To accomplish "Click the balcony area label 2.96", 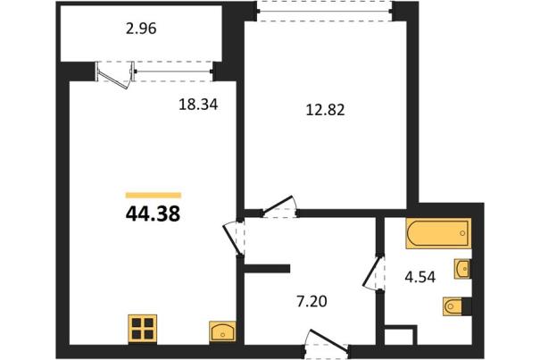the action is pos(141,29).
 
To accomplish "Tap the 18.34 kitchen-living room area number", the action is pos(198,105).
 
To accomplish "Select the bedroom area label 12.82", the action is pos(325,110).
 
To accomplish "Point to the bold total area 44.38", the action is pos(153,213).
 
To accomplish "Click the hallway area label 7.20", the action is pos(312,301).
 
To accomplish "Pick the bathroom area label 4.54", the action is pos(420,277).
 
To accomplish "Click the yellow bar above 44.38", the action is pos(154,195).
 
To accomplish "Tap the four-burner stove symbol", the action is pos(143,329).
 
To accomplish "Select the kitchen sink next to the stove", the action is pos(222,331).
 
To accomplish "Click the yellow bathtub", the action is pos(438,233).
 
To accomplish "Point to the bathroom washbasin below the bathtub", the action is pos(462,268).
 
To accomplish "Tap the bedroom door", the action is pos(278,204).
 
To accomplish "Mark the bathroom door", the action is pos(371,272).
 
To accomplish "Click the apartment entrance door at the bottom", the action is pos(328,341).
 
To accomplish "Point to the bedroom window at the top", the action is pos(325,11).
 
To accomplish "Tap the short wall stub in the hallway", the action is pos(267,268).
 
